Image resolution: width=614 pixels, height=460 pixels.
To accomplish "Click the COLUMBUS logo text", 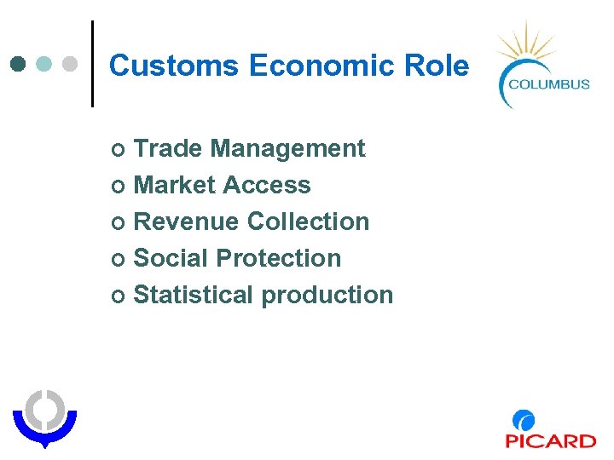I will point(548,83).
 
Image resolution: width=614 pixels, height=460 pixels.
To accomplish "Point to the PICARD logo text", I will point(550,440).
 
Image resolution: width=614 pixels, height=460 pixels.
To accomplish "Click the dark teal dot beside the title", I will point(19,64).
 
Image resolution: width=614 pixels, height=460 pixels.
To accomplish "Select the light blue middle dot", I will point(45,64).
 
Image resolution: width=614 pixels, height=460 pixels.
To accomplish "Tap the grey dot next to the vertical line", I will point(71,64).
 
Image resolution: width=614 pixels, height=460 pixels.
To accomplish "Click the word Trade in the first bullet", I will point(168,148).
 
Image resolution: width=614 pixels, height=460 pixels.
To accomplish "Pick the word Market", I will point(175,185).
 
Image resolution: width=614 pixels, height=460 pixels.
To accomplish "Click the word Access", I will point(267,185).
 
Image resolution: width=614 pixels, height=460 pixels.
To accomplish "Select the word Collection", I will point(308,221).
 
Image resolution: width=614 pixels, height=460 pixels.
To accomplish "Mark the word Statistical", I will point(194,295).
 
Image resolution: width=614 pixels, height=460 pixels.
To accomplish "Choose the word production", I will point(327,295).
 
